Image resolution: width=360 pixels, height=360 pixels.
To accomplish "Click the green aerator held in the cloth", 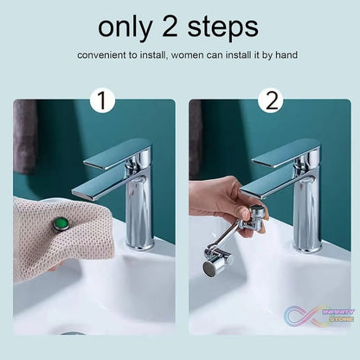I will (x=61, y=224).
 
